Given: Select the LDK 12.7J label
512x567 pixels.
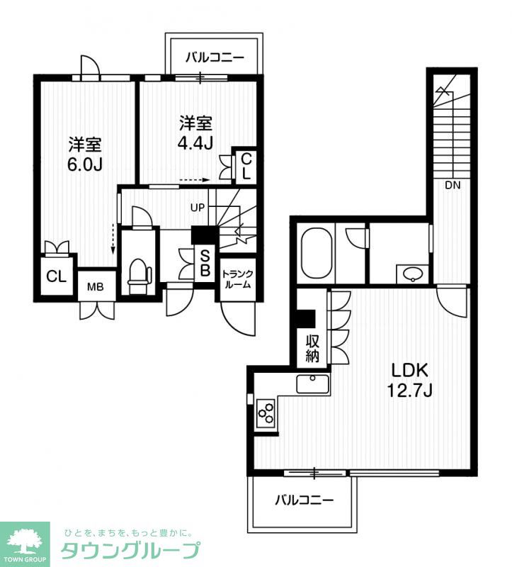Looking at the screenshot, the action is tap(410, 380).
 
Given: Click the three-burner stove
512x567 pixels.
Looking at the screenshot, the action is tap(266, 412).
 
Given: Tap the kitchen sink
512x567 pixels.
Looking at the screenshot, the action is tap(313, 384).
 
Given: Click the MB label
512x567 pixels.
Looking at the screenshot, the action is tap(96, 287).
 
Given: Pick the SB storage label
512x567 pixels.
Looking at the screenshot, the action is tap(205, 263).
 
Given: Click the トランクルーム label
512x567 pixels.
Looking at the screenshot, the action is tap(238, 279).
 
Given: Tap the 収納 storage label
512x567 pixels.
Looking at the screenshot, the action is tap(312, 349).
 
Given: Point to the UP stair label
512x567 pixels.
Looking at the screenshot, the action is tap(198, 208).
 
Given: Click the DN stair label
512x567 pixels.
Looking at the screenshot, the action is tap(453, 186).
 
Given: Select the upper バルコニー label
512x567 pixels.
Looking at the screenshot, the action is tap(215, 57).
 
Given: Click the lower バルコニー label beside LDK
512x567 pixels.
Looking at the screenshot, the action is tap(305, 500).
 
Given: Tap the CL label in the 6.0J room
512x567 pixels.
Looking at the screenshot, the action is tap(57, 276).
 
